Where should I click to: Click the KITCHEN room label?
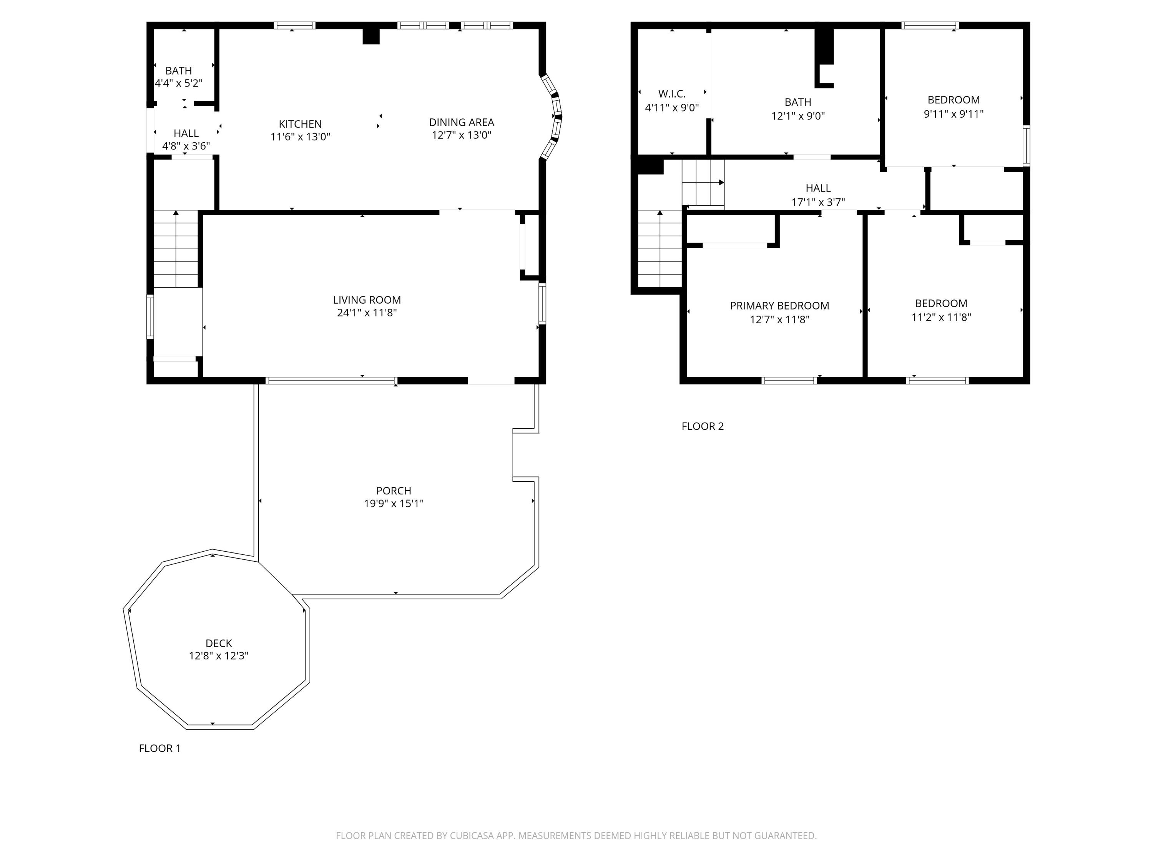coord(300,124)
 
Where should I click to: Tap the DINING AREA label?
coord(461,123)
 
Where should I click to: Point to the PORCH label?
coord(394,491)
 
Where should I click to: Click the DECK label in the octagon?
coord(218,644)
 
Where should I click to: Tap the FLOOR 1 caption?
coord(159,748)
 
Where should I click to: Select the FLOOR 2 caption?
coord(703,426)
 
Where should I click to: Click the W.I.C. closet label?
coord(672,94)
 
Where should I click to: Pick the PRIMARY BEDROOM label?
coord(779,306)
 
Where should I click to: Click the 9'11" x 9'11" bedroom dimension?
coord(954,114)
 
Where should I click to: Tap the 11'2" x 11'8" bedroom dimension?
coord(941,317)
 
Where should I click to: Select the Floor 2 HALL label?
coord(818,188)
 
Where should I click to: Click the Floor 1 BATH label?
coord(178,71)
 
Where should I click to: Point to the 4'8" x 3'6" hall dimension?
coord(186,146)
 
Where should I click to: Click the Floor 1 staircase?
coord(176,249)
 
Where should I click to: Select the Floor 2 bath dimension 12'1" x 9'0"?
coord(797,116)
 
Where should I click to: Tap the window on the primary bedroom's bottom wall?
coord(789,381)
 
